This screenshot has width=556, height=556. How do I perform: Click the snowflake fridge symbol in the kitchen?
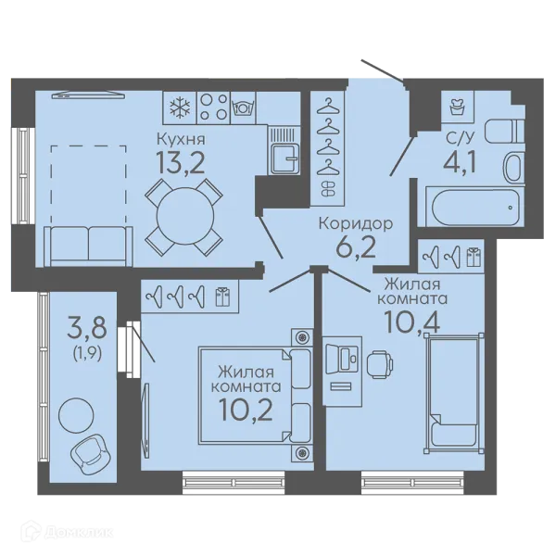[x=180, y=107]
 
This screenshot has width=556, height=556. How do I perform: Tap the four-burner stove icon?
[x=213, y=107]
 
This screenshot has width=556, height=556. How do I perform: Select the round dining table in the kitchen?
[x=184, y=216]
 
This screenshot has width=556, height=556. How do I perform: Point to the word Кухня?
[x=181, y=139]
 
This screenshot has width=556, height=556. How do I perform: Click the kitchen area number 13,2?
[x=181, y=163]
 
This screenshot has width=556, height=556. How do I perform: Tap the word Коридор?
[x=356, y=224]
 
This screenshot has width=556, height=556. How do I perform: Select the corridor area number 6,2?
[x=356, y=247]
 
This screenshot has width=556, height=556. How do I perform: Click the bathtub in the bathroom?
[x=474, y=208]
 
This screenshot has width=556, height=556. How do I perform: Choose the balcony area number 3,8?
[x=87, y=329]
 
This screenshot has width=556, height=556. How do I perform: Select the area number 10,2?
[x=246, y=411]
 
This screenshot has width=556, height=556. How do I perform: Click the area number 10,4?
[x=412, y=322]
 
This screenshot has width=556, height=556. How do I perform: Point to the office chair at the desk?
[x=380, y=364]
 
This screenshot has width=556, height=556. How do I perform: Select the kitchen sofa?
[x=88, y=246]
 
